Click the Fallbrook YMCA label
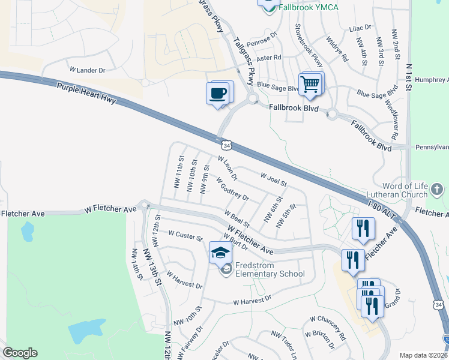[x=308, y=7]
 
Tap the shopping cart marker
[x=310, y=85]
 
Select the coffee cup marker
[x=218, y=94]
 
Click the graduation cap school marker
[x=220, y=253]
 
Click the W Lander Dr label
[x=88, y=70]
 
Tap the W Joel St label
[x=274, y=178]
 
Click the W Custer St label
[x=185, y=236]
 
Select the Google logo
[x=20, y=353]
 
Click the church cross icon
[x=437, y=191]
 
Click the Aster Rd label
[x=269, y=58]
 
